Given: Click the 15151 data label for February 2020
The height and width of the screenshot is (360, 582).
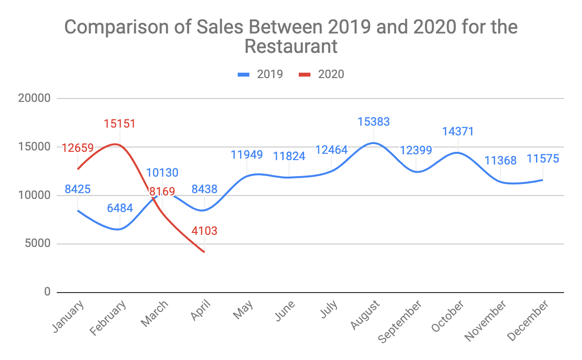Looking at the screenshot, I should (x=119, y=124).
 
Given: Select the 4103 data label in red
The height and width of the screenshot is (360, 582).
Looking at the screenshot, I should (x=204, y=230).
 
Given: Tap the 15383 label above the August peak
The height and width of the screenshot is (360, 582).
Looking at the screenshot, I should (x=373, y=122).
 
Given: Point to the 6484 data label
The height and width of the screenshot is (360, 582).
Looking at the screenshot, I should (x=119, y=209).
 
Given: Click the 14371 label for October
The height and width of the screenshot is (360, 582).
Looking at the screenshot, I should (x=457, y=131).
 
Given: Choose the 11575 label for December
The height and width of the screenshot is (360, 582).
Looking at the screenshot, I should (x=543, y=159).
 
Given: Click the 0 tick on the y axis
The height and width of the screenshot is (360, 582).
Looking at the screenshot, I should (x=48, y=292).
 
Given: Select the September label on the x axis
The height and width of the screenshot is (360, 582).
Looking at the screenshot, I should (x=401, y=321).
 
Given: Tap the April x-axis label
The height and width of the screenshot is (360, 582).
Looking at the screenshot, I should (x=200, y=311).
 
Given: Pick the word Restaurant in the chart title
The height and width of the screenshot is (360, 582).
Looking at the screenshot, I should (x=291, y=47).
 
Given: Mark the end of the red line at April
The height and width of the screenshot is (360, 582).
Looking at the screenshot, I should (x=204, y=252).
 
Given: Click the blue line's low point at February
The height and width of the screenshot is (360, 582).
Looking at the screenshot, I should (x=119, y=229).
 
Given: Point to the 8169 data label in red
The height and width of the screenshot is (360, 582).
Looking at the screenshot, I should (x=162, y=192).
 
